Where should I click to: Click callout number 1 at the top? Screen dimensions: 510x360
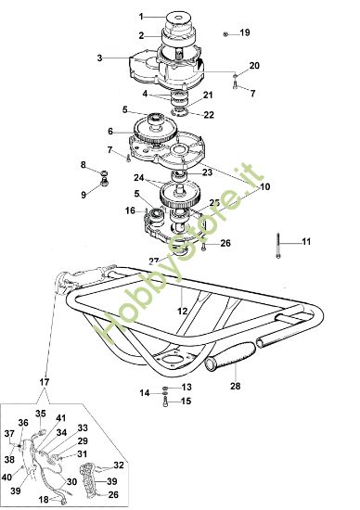[x=142, y=17]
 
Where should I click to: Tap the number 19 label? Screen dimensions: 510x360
[x=245, y=32]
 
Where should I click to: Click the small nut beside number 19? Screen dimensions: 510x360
[x=226, y=33]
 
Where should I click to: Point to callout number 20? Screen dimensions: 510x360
[x=254, y=64]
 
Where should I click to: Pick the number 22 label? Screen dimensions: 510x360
[x=209, y=115]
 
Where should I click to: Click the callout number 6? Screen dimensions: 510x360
[x=111, y=131]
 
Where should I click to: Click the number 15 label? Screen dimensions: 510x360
[x=186, y=402]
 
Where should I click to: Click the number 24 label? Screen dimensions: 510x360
[x=138, y=178]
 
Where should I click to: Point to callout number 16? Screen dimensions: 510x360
[x=131, y=210]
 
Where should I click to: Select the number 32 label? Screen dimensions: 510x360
[x=119, y=465]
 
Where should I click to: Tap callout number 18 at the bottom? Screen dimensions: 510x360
[x=43, y=499]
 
